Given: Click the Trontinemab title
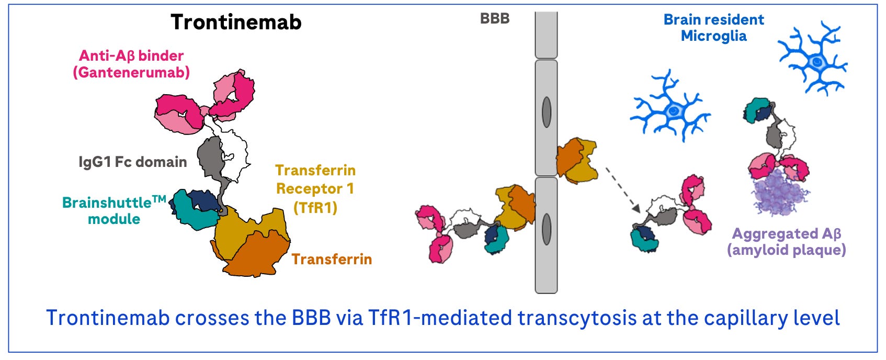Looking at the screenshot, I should tap(236, 22).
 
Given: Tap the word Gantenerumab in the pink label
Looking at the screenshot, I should tap(131, 72).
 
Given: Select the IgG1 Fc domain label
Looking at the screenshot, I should tap(133, 162).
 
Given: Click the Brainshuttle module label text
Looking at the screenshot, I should tap(114, 210).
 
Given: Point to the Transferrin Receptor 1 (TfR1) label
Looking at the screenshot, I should tap(315, 188).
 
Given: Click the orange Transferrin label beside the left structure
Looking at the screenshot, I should tap(332, 259).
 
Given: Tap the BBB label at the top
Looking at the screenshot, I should tap(494, 18).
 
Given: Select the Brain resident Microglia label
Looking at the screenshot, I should tap(713, 28).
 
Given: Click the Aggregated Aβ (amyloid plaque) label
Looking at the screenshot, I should tap(786, 241).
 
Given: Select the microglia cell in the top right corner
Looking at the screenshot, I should tap(813, 59).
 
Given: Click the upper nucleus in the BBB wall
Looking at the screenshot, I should tap(547, 112).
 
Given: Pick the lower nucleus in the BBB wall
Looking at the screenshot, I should tap(547, 229).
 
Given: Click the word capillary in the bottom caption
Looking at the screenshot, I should tap(745, 318).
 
